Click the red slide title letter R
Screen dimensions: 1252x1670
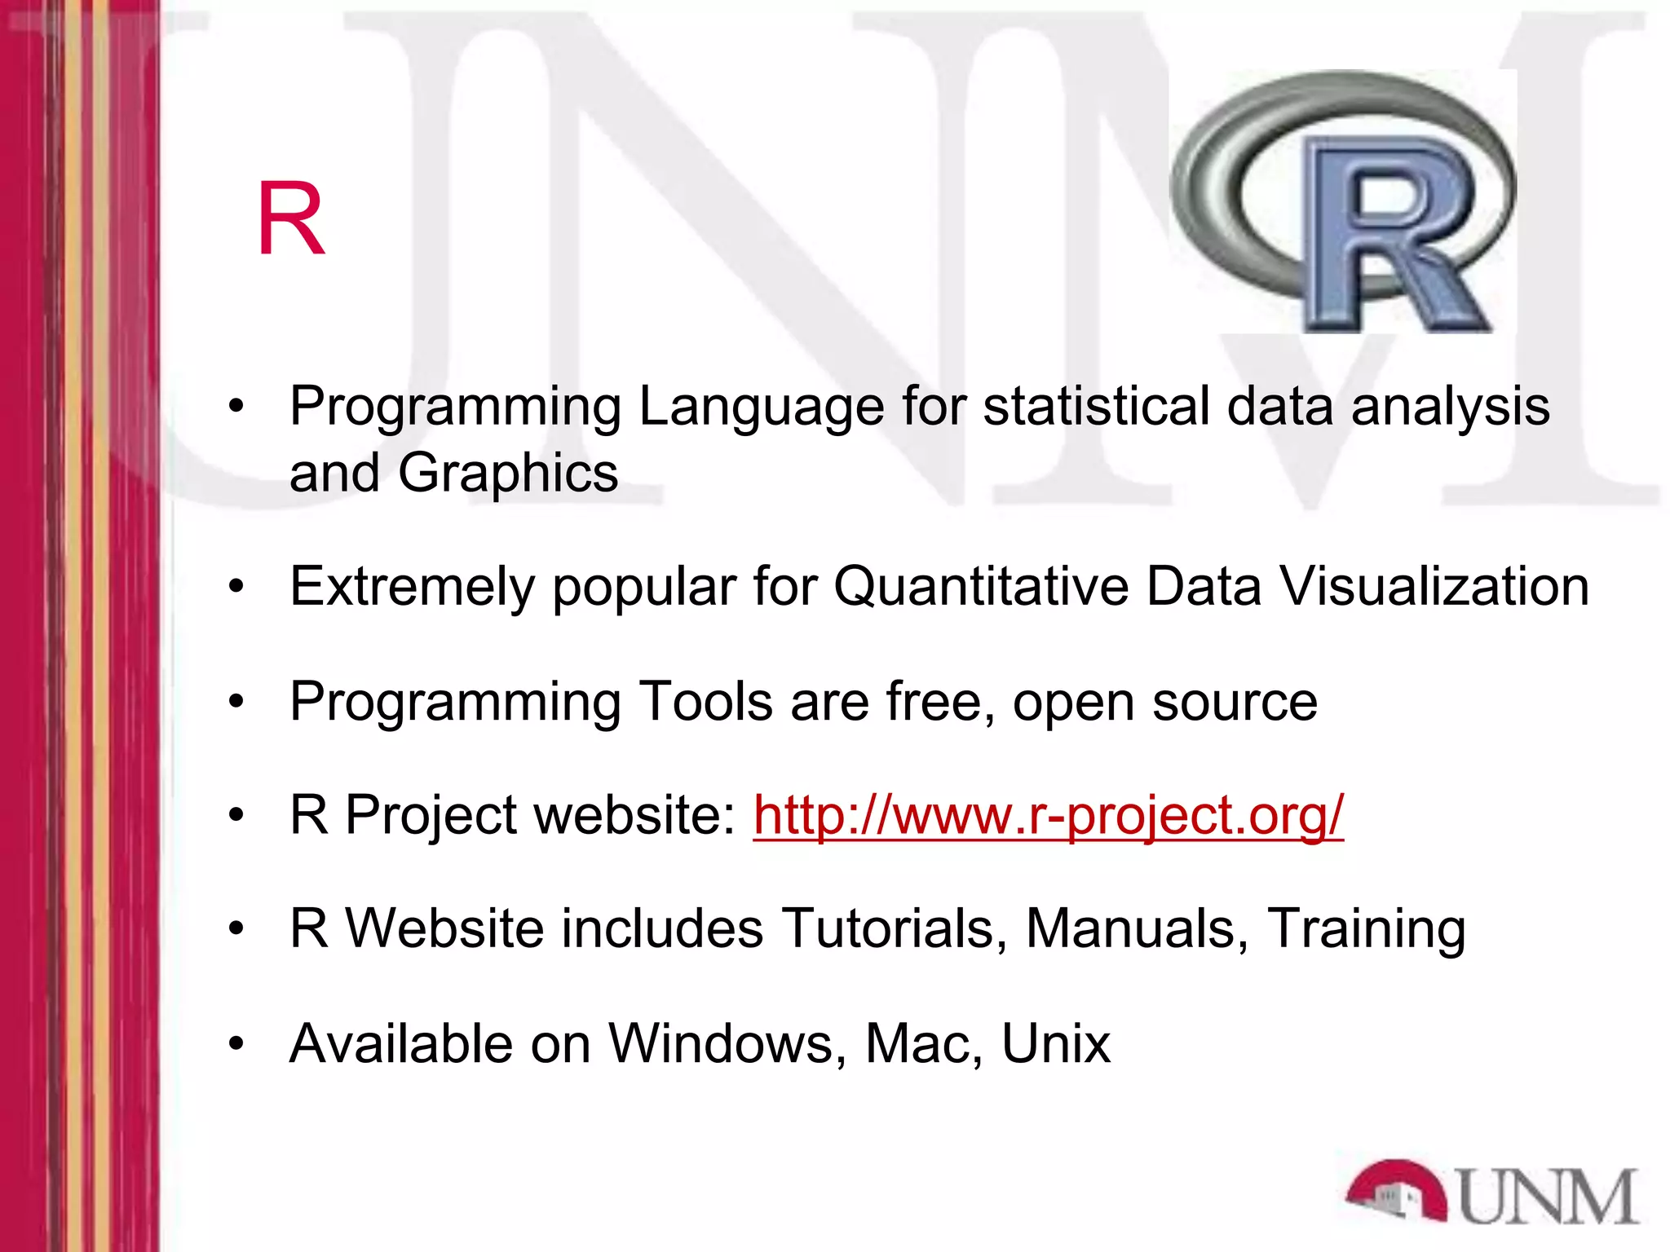[x=291, y=218]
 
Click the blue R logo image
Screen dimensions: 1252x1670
[x=1342, y=202]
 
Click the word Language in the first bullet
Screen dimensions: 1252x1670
[x=761, y=407]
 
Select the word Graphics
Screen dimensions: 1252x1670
[x=508, y=473]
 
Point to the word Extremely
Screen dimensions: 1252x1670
[x=412, y=587]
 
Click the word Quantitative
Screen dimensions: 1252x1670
[x=981, y=587]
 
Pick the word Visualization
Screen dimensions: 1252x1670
[x=1434, y=587]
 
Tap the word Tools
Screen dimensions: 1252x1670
[x=706, y=701]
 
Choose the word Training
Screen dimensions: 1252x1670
[x=1366, y=930]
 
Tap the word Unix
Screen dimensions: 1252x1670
[x=1055, y=1043]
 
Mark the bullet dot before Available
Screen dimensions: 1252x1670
[x=236, y=1043]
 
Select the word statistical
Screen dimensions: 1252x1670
[x=1096, y=407]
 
